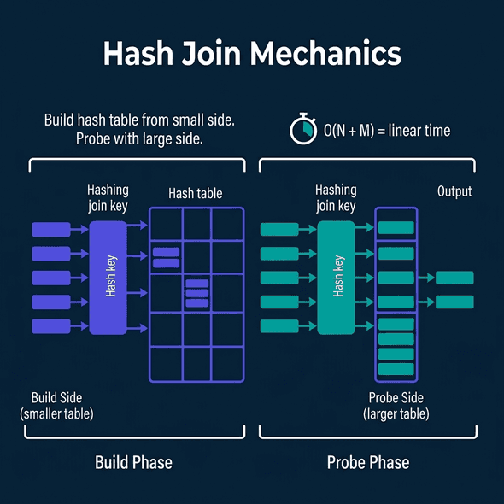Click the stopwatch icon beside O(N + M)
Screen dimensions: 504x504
tap(301, 131)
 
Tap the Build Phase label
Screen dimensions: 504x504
tap(133, 463)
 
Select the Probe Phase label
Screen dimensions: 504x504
tap(368, 463)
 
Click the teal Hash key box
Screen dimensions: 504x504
tap(336, 277)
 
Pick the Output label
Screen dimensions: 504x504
tap(454, 191)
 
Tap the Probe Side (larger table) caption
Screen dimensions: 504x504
tap(396, 406)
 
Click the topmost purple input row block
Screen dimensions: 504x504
tap(50, 229)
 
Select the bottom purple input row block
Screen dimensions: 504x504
tap(50, 326)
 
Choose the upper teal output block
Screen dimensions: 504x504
tap(454, 278)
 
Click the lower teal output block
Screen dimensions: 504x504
tap(454, 302)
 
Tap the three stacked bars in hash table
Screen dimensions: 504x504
tap(197, 293)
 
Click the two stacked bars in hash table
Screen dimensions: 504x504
tap(166, 257)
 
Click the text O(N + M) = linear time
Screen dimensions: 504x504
tap(386, 131)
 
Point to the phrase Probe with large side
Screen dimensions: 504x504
tap(139, 139)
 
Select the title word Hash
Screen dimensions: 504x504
tap(137, 54)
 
